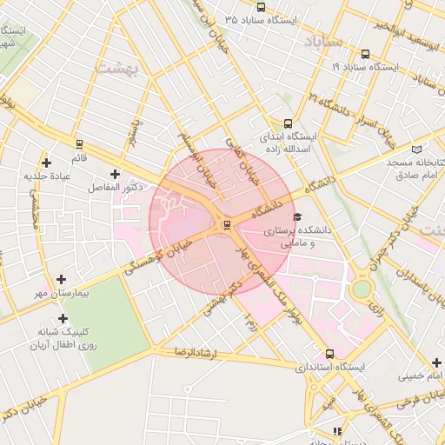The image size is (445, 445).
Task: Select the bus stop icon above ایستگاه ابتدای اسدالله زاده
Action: tap(289, 123)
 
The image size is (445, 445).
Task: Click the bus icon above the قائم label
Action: tap(79, 143)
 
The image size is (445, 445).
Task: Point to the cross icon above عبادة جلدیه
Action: tap(46, 163)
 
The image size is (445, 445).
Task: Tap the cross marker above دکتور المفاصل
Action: tap(114, 174)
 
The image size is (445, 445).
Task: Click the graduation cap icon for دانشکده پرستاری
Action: tap(298, 216)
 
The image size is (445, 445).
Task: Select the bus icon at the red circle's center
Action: tap(227, 224)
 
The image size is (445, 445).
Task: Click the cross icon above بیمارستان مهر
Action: tap(60, 280)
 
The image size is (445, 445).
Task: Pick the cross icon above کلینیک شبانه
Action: tap(62, 317)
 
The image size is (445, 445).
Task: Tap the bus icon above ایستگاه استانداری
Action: tap(329, 354)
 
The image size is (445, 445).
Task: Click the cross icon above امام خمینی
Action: tap(435, 362)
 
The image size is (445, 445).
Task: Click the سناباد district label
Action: tap(324, 41)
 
